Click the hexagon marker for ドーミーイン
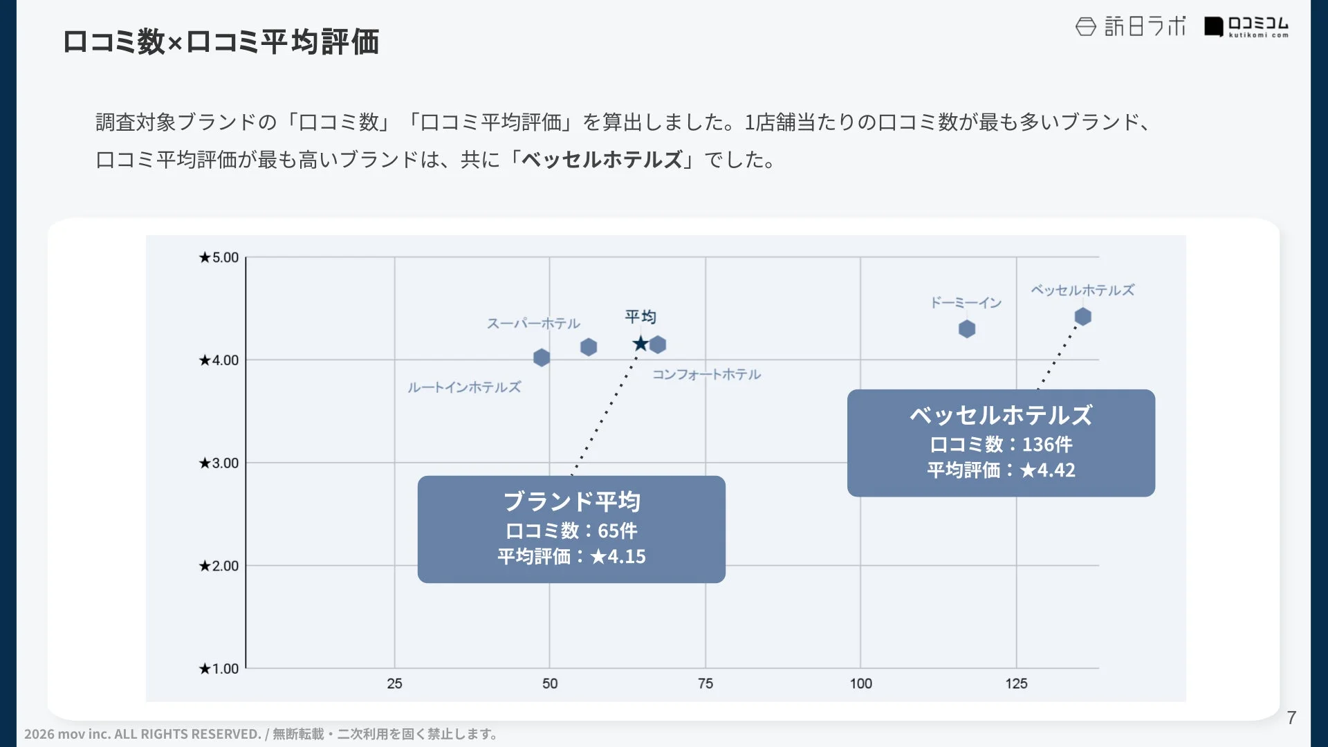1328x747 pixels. [x=967, y=329]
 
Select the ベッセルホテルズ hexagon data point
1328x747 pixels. [x=1082, y=317]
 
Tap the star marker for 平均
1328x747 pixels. [x=640, y=344]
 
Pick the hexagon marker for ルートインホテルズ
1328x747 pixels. [x=542, y=358]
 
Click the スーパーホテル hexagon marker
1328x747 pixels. [x=589, y=347]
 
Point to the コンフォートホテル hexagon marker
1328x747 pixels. [x=658, y=344]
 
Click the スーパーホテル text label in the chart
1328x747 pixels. [x=533, y=324]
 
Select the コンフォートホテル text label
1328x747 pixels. [x=706, y=374]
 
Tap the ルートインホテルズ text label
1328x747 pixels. [x=464, y=387]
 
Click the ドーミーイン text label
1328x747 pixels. [x=966, y=303]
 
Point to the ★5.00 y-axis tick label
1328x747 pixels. [x=219, y=258]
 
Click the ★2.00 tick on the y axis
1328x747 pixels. [x=219, y=566]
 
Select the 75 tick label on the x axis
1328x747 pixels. [x=705, y=684]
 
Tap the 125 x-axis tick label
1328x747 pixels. [x=1016, y=684]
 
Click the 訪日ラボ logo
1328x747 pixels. [x=1130, y=27]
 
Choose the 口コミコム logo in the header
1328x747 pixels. [x=1246, y=27]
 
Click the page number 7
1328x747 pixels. [x=1291, y=718]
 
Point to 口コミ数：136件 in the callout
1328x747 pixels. [x=1001, y=444]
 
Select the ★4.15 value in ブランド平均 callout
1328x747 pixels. [x=618, y=557]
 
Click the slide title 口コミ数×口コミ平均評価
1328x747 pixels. [x=221, y=41]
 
